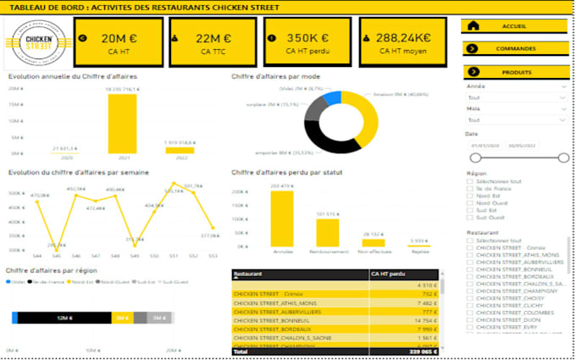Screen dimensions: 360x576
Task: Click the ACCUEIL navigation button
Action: click(514, 26)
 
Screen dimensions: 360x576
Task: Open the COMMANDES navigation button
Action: click(514, 49)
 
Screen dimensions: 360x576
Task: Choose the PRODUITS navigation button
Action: click(514, 72)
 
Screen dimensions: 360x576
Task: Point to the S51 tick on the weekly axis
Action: click(173, 255)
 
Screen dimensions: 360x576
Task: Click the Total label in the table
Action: click(241, 350)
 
